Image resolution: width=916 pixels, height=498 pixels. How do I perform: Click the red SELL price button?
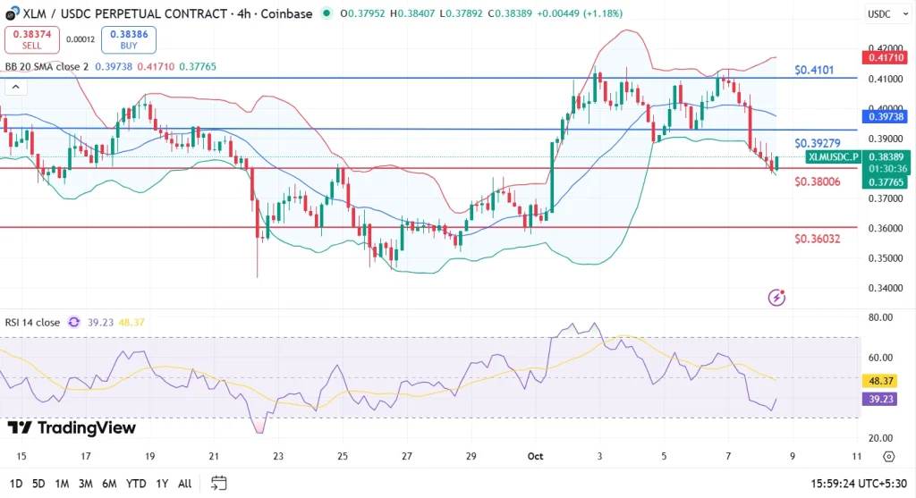tap(32, 38)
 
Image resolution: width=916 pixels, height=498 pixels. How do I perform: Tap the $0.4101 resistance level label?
tap(817, 69)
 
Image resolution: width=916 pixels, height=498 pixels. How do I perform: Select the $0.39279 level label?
tap(817, 143)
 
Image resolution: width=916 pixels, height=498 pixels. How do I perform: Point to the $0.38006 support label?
tap(817, 181)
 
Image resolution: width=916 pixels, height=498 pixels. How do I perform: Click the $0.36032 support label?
tap(817, 239)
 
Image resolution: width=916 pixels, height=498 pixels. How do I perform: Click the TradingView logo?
tap(72, 427)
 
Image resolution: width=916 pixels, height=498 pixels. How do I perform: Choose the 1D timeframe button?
tap(15, 484)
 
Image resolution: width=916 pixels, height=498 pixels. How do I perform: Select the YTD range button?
tap(137, 484)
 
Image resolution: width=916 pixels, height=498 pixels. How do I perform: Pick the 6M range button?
tap(109, 484)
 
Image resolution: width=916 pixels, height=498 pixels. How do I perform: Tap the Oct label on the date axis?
tap(536, 456)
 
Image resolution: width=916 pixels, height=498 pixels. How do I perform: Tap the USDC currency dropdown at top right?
tap(885, 13)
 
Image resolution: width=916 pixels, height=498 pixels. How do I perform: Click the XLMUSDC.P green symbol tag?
tap(832, 156)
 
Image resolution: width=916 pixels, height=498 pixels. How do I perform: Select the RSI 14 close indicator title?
tap(30, 322)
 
